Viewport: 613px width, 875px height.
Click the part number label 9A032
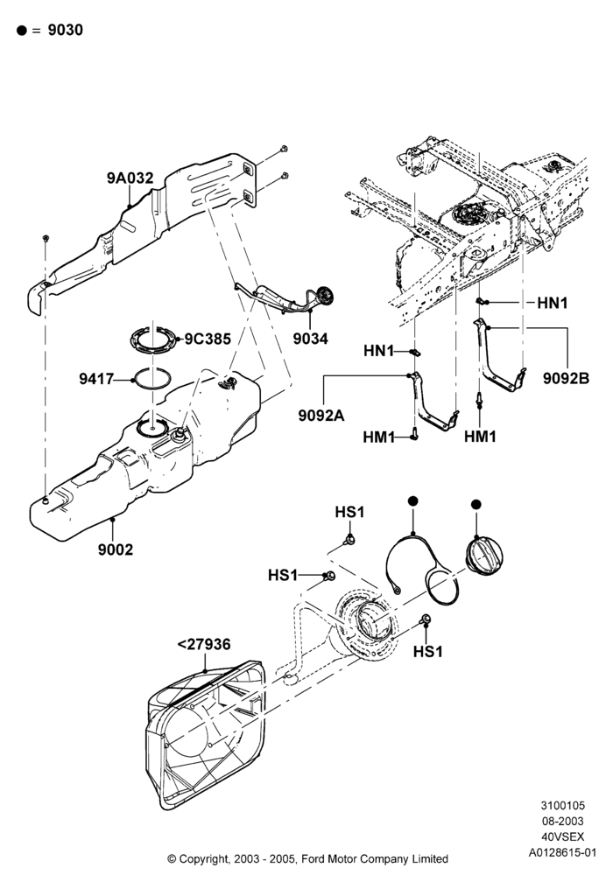pyautogui.click(x=130, y=178)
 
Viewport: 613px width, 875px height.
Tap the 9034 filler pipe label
pyautogui.click(x=310, y=339)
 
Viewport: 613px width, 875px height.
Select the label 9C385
pyautogui.click(x=208, y=339)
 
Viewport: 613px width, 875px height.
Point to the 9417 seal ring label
pyautogui.click(x=96, y=380)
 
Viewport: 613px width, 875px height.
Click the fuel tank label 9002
pyautogui.click(x=116, y=549)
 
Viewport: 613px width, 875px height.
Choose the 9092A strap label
pyautogui.click(x=321, y=415)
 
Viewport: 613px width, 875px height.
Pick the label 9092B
pyautogui.click(x=566, y=378)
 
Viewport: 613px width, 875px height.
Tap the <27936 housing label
pyautogui.click(x=204, y=645)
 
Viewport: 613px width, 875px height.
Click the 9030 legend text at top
pyautogui.click(x=66, y=30)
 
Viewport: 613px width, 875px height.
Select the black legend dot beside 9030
pyautogui.click(x=22, y=31)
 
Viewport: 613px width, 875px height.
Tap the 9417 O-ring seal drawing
pyautogui.click(x=152, y=380)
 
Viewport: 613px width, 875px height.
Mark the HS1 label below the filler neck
pyautogui.click(x=427, y=652)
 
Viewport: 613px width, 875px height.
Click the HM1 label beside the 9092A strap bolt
pyautogui.click(x=379, y=437)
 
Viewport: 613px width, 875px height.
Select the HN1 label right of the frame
pyautogui.click(x=553, y=303)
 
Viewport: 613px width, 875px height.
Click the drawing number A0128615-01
pyautogui.click(x=563, y=852)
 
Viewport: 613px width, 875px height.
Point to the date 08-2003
pyautogui.click(x=563, y=822)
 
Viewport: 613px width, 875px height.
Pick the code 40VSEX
pyautogui.click(x=563, y=837)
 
